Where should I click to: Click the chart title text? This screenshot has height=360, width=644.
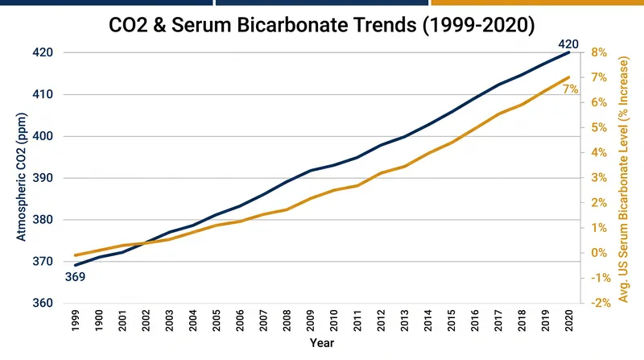(x=321, y=25)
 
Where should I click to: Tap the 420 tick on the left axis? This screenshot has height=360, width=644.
(x=43, y=52)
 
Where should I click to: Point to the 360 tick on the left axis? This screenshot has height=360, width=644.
(x=43, y=304)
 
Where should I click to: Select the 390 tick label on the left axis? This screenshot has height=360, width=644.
(x=43, y=178)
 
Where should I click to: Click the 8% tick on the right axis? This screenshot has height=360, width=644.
(x=599, y=52)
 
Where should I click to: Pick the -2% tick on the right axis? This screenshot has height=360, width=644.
(x=601, y=304)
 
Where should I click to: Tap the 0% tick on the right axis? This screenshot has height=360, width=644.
(x=599, y=253)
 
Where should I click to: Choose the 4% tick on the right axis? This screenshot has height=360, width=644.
(x=599, y=153)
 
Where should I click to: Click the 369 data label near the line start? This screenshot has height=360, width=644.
(x=75, y=277)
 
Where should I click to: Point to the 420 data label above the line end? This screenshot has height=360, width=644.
(x=568, y=44)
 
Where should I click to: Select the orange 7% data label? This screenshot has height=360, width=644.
(x=570, y=89)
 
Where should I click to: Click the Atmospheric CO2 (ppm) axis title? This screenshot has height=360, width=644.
(x=21, y=176)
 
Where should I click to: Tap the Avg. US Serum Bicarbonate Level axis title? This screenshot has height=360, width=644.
(x=623, y=179)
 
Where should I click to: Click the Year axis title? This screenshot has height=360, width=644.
(x=321, y=343)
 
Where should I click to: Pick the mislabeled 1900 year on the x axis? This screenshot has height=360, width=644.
(x=99, y=321)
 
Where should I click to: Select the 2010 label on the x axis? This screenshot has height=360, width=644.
(x=334, y=321)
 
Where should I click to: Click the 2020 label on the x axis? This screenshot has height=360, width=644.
(x=569, y=321)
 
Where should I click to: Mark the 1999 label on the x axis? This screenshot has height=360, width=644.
(x=76, y=321)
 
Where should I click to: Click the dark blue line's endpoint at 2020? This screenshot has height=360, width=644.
(x=569, y=52)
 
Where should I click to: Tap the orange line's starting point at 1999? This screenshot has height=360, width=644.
(x=76, y=255)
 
